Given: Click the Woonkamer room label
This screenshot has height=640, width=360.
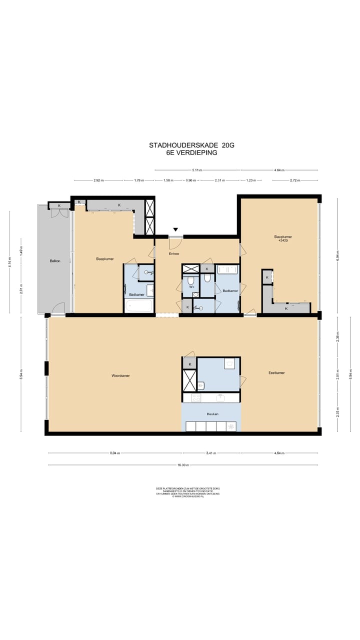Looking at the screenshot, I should (x=121, y=375).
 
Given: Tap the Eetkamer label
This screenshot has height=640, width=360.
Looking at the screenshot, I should (x=276, y=372).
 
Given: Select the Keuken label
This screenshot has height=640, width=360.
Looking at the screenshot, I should (x=212, y=414).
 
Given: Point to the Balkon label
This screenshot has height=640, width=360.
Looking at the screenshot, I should (x=55, y=261).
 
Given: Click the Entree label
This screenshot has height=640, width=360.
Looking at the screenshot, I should (x=173, y=253).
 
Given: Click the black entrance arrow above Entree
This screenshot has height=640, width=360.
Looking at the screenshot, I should (x=175, y=229).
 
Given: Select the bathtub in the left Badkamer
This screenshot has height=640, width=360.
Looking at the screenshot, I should (x=138, y=305).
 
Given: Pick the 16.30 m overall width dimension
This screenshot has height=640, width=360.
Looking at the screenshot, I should (x=183, y=465).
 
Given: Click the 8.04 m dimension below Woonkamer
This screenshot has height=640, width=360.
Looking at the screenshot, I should (x=115, y=453).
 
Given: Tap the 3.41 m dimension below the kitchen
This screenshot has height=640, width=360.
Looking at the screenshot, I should (x=211, y=453).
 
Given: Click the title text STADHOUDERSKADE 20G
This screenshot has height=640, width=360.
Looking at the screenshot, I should (x=191, y=145).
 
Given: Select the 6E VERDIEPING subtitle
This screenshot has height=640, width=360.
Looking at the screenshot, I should (x=191, y=153).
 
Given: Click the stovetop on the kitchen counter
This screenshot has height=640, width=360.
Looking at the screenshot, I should (x=196, y=398).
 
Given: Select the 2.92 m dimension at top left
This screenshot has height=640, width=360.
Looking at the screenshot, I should (x=98, y=180).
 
